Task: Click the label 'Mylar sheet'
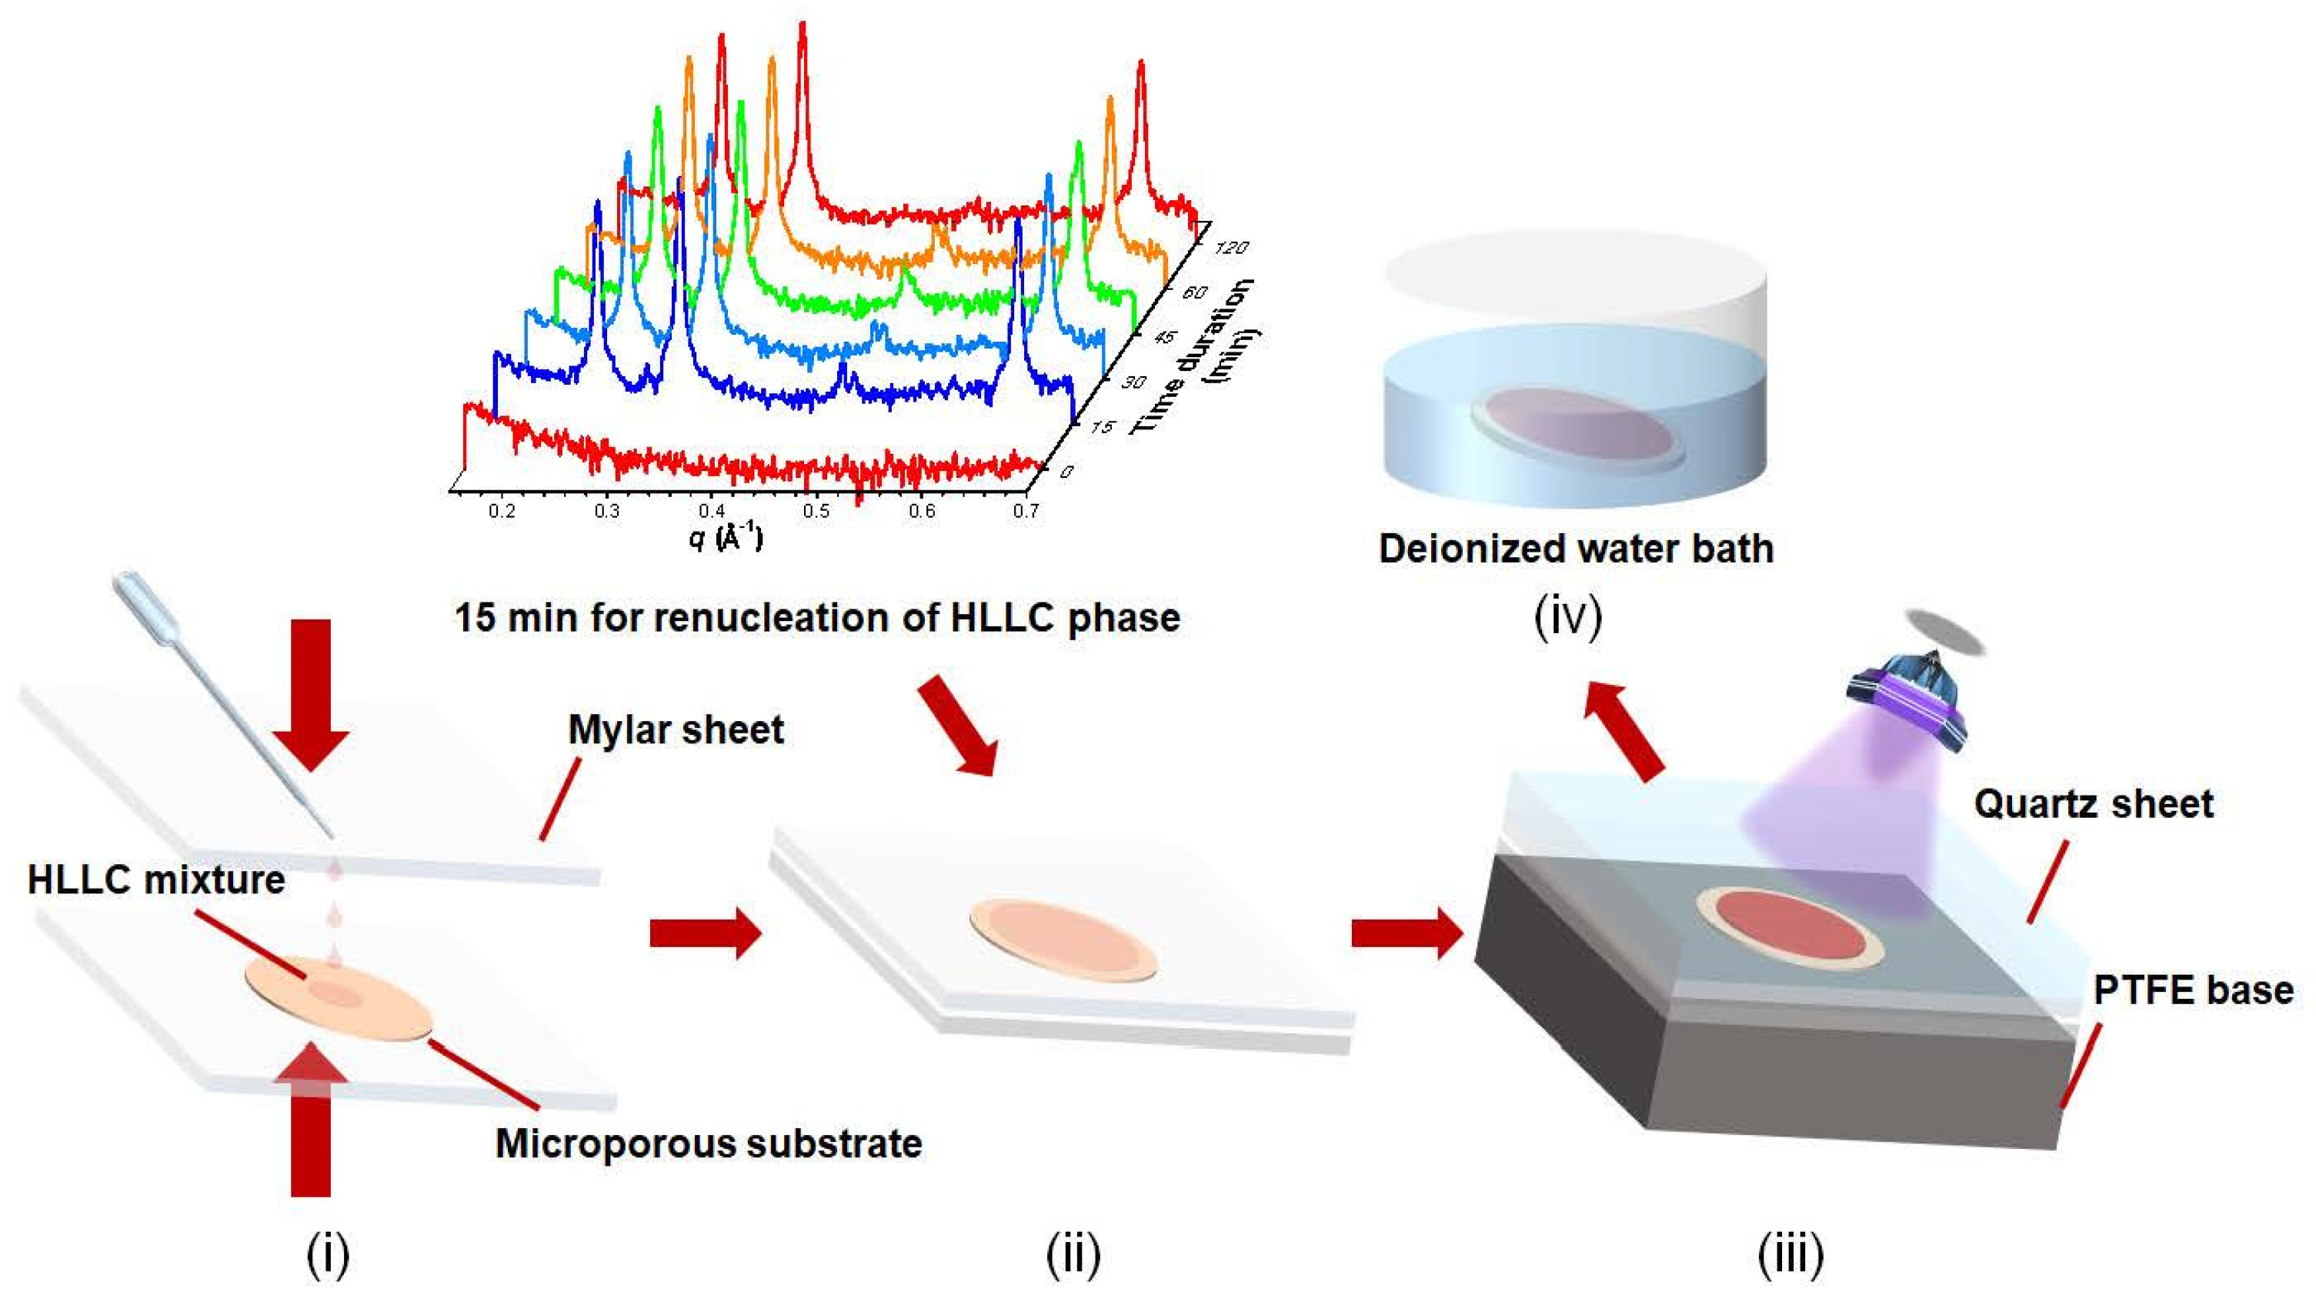[x=676, y=729]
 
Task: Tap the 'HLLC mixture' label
[x=155, y=879]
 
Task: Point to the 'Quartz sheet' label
[x=2093, y=804]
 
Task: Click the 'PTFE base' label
[x=2193, y=990]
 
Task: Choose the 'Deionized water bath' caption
[x=1576, y=549]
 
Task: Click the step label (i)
[x=327, y=1256]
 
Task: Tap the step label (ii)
[x=1073, y=1256]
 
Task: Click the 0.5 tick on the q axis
[x=816, y=512]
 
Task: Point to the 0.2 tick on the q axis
[x=502, y=512]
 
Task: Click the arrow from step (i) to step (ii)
[x=705, y=933]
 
